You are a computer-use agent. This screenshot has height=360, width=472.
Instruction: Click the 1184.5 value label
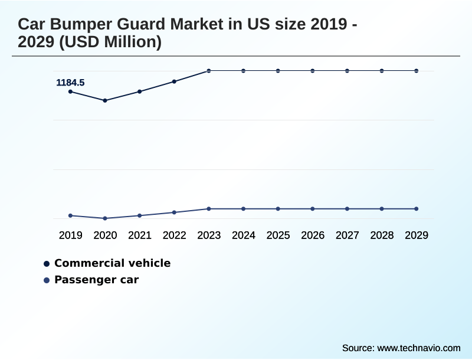70,83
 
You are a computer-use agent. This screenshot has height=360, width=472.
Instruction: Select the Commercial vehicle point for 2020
105,100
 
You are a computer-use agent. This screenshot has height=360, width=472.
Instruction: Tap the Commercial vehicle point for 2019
70,91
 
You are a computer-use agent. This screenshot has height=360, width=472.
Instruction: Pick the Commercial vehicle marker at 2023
209,71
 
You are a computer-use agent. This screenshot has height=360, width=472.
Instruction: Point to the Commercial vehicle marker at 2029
417,71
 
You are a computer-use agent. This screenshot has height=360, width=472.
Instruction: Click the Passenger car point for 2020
105,218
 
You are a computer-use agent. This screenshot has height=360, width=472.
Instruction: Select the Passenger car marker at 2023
209,209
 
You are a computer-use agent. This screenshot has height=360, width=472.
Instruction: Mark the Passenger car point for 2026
313,209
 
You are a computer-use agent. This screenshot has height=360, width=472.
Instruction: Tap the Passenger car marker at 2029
417,209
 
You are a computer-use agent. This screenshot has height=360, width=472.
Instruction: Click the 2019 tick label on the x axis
70,235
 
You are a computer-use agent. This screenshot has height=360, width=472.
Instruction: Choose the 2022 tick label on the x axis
174,235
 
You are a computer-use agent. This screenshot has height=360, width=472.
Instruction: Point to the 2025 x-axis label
278,235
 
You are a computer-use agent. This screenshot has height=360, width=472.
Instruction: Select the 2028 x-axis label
382,235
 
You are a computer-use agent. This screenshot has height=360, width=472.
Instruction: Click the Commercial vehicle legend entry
112,263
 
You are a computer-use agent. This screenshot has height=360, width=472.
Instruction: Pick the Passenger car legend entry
96,280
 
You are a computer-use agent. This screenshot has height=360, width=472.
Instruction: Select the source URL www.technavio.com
419,348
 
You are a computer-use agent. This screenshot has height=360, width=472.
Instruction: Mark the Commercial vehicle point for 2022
174,81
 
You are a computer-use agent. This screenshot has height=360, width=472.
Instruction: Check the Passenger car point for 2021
140,215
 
